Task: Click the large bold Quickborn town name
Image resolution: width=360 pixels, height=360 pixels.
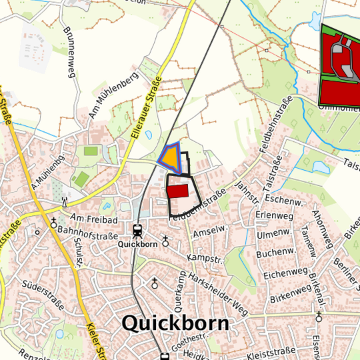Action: (x=175, y=324)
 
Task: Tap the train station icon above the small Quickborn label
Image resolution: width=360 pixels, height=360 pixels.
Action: (x=138, y=231)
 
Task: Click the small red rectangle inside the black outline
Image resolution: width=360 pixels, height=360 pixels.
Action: (x=177, y=191)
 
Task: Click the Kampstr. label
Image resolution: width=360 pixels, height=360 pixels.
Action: (x=203, y=257)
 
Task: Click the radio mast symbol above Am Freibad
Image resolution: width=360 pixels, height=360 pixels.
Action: (x=65, y=201)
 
